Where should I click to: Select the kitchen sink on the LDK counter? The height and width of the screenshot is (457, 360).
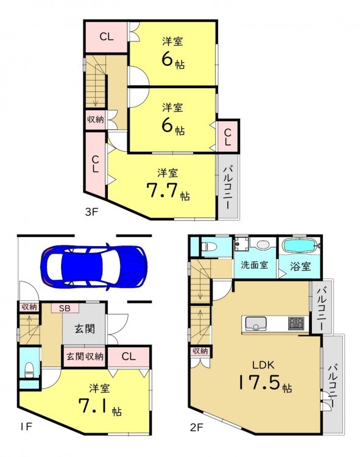coord(255,323)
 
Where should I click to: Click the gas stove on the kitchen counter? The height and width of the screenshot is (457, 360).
coord(296,323)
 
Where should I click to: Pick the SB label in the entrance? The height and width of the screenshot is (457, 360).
coord(65,308)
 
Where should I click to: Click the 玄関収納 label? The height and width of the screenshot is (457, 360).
coord(85,356)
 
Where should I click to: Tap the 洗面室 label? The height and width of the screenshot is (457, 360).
coord(254,265)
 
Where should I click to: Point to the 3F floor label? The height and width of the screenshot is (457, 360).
coord(91,212)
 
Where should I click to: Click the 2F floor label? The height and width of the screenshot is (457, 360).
coord(196,428)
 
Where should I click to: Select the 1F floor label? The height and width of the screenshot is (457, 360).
coord(26,427)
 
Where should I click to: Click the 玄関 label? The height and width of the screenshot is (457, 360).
coord(85,329)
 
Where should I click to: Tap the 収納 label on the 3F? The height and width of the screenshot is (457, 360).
coord(96,119)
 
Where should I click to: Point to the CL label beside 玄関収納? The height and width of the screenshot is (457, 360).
coord(129,356)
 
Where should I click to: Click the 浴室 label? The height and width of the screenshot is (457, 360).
coord(300,266)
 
